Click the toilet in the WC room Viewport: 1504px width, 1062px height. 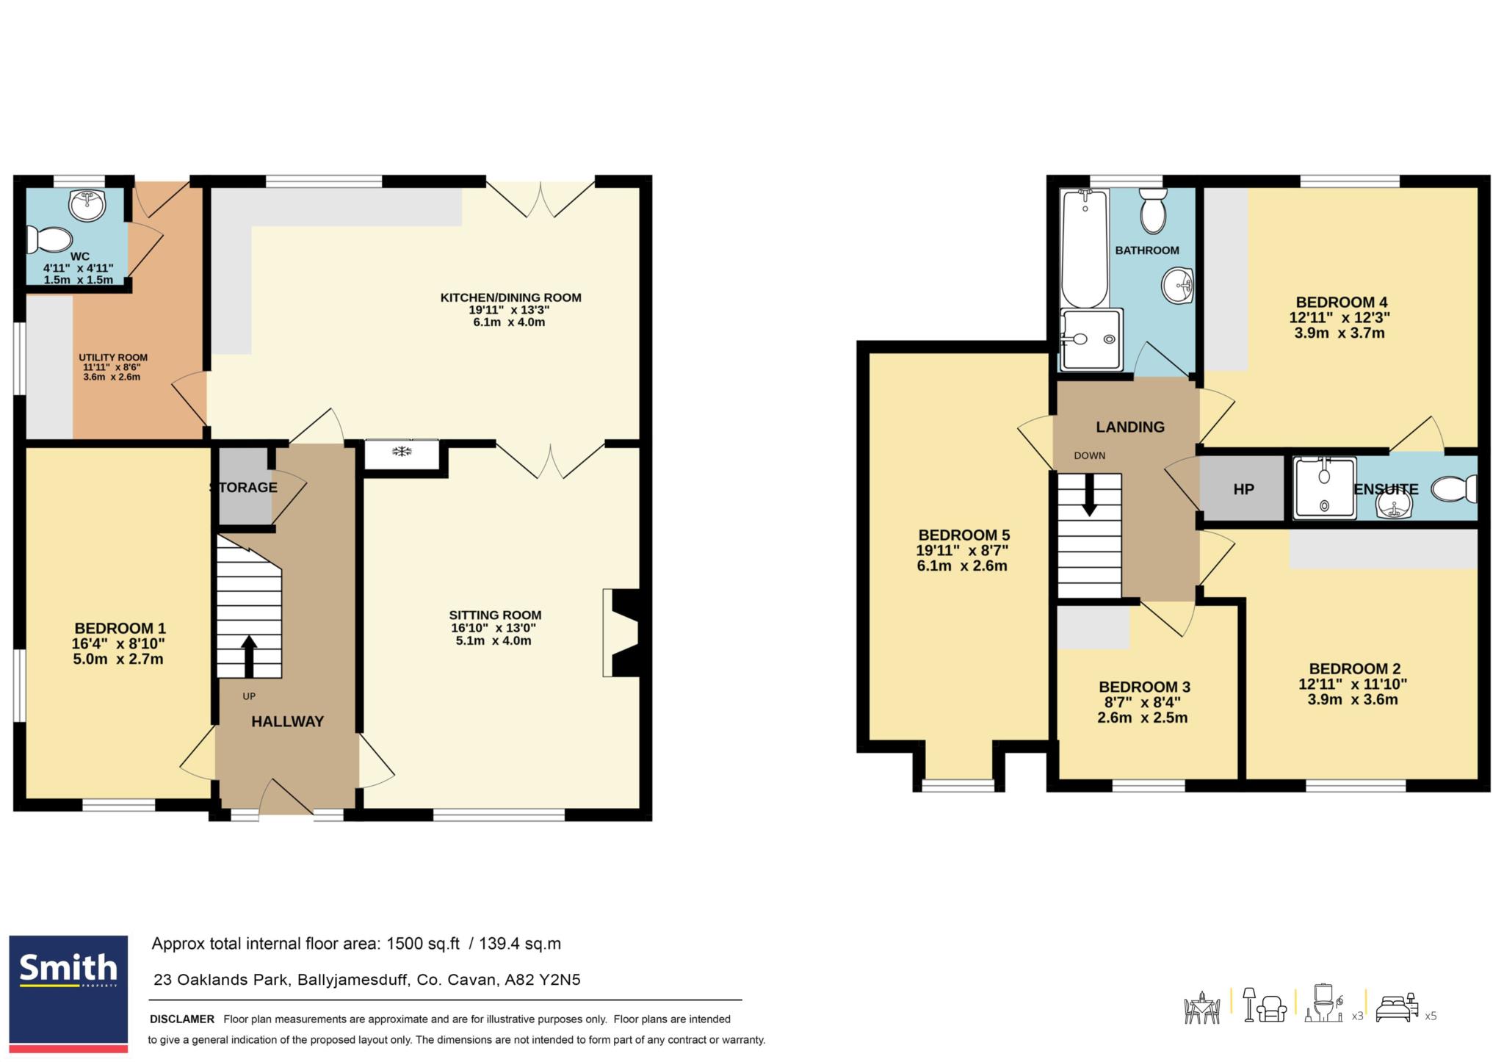(49, 239)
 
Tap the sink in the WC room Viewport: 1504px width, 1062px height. (88, 205)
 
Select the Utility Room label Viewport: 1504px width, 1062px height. (113, 358)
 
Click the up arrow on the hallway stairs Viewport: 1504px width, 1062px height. (249, 656)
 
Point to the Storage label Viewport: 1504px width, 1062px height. (243, 488)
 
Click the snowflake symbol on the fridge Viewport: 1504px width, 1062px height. (402, 451)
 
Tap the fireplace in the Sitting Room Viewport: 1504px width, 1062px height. (621, 632)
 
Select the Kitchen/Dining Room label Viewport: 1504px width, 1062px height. (510, 297)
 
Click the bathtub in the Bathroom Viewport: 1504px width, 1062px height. (1085, 248)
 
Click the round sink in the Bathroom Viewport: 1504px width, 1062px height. (1178, 284)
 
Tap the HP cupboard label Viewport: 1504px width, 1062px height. (1243, 489)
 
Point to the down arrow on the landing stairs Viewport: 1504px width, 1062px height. (1089, 494)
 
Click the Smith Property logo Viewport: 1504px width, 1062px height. (68, 993)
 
